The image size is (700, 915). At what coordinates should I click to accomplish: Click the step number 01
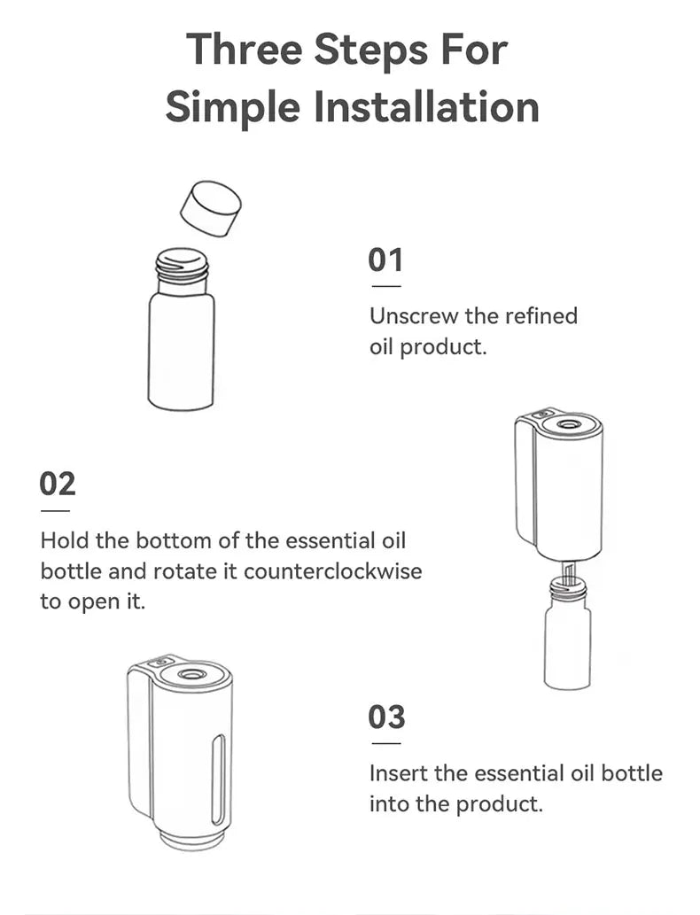pyautogui.click(x=385, y=260)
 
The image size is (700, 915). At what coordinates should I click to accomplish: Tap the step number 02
pyautogui.click(x=58, y=484)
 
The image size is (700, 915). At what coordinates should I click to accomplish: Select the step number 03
pyautogui.click(x=387, y=717)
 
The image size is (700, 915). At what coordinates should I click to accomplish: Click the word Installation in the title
pyautogui.click(x=427, y=107)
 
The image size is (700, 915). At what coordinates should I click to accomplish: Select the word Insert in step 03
pyautogui.click(x=395, y=773)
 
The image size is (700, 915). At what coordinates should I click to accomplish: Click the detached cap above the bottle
pyautogui.click(x=211, y=209)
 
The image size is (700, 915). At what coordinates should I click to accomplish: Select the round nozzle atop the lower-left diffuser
pyautogui.click(x=189, y=675)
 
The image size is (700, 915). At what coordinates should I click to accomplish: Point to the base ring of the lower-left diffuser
pyautogui.click(x=192, y=837)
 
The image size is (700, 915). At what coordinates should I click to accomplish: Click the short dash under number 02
pyautogui.click(x=55, y=511)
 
